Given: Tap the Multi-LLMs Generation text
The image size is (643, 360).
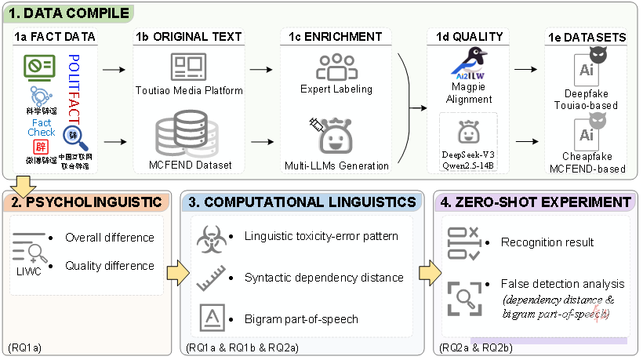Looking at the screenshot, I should (x=336, y=165).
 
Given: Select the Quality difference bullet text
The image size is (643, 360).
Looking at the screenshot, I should (x=110, y=265).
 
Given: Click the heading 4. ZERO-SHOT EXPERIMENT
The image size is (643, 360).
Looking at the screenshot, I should (x=536, y=202).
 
